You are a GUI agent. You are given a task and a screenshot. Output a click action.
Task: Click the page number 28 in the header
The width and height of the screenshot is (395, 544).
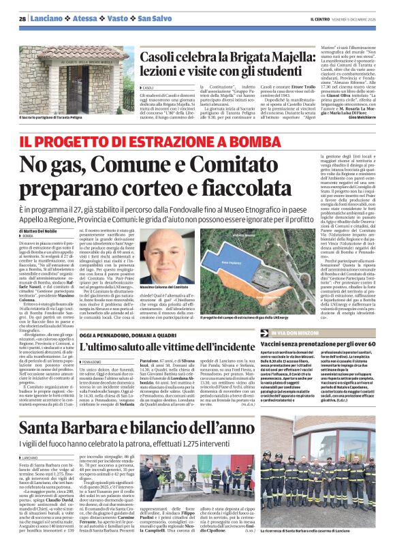(x=22, y=18)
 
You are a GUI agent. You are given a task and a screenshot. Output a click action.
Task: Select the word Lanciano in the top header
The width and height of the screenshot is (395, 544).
(x=45, y=18)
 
